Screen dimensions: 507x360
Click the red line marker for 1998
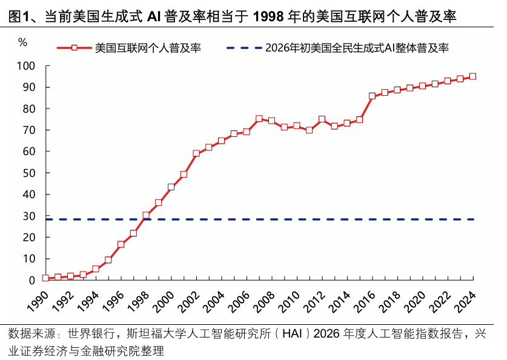pos(146,215)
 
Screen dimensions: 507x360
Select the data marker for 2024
pos(472,76)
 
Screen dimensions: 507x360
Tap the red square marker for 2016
pos(372,96)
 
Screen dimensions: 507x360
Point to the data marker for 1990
pos(45,278)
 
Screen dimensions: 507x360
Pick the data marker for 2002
pos(196,153)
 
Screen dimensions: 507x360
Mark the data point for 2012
pos(322,119)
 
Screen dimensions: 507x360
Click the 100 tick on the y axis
pos(26,66)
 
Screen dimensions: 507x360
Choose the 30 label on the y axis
pos(29,216)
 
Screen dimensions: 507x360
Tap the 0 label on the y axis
pos(31,281)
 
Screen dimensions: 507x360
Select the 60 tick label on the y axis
pos(29,152)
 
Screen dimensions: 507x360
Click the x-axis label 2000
pos(164,301)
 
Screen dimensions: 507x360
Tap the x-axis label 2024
pos(465,301)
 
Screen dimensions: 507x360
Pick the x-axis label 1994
pos(88,301)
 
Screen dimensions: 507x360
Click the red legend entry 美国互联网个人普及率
pos(129,48)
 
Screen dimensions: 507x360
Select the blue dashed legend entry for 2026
pos(337,48)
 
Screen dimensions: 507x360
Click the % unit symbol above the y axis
pos(22,42)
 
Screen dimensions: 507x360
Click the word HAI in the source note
pos(292,333)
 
